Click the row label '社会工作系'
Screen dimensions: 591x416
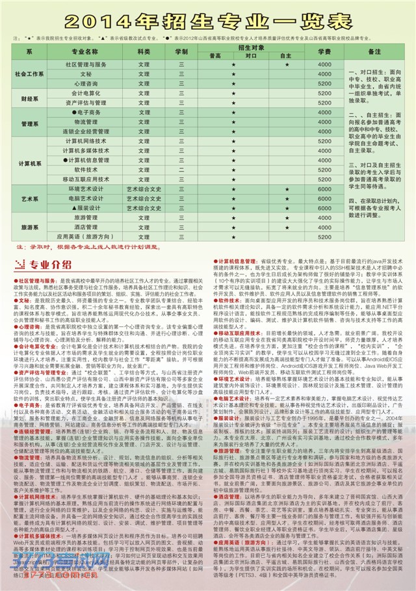coord(30,74)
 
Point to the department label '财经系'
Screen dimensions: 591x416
coord(30,99)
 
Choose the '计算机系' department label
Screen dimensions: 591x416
coord(30,163)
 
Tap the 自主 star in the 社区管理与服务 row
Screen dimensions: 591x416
coord(286,65)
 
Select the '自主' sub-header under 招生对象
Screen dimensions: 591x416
coord(286,56)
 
